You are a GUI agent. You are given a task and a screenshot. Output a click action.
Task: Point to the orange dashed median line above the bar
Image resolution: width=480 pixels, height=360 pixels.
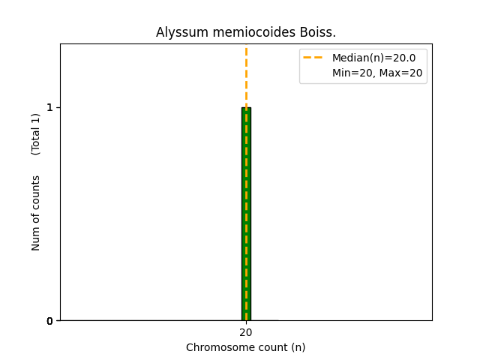click(x=246, y=75)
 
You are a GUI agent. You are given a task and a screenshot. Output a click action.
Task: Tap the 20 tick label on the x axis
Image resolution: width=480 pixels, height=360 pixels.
click(x=246, y=332)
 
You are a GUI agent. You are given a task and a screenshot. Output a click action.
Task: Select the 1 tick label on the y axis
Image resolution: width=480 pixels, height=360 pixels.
click(x=49, y=107)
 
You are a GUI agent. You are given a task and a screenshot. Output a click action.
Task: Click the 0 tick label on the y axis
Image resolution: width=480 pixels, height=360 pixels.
click(x=49, y=321)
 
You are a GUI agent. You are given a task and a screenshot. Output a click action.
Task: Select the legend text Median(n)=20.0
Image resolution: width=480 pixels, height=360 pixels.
click(x=373, y=58)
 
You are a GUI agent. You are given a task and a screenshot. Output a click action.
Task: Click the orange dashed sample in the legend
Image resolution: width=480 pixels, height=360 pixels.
click(x=313, y=58)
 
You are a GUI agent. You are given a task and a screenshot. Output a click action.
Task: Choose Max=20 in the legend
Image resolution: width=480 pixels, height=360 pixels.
click(x=404, y=73)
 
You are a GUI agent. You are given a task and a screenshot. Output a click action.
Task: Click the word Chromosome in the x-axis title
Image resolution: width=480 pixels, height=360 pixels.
click(x=214, y=347)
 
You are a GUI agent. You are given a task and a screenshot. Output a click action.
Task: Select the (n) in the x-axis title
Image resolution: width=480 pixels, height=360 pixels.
click(x=297, y=347)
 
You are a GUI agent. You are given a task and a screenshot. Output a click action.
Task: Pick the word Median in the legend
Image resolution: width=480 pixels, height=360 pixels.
click(x=349, y=58)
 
